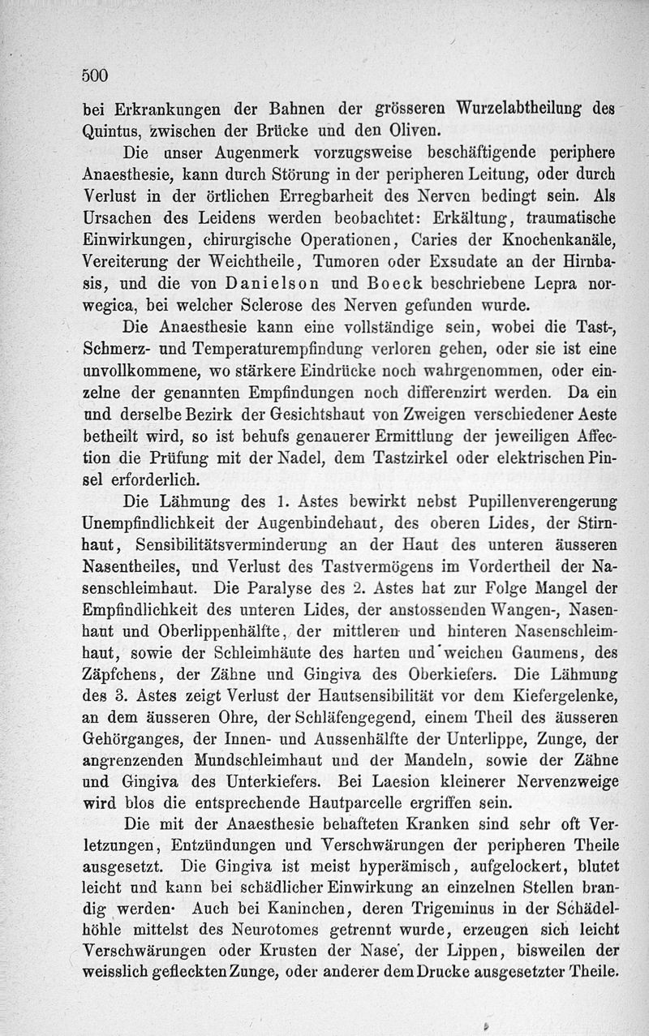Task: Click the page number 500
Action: point(95,75)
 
